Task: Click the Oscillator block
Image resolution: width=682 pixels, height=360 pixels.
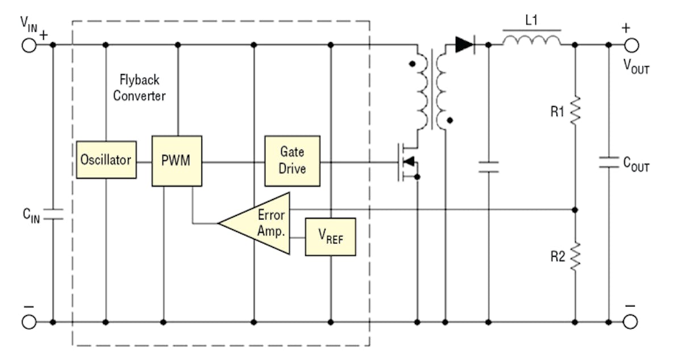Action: tap(106, 160)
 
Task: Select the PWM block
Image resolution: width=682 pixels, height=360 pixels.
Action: tap(177, 161)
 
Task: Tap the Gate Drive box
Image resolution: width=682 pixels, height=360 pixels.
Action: tap(292, 161)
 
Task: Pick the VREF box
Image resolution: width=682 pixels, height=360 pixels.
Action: tap(330, 237)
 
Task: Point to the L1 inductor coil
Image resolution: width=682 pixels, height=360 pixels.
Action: tap(532, 40)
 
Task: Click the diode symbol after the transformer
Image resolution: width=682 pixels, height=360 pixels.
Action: tap(465, 44)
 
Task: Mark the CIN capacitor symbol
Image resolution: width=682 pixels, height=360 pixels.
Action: tap(53, 214)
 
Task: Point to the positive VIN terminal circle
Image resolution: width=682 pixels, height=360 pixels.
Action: tap(28, 44)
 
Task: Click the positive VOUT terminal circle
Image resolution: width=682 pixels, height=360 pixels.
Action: tap(630, 44)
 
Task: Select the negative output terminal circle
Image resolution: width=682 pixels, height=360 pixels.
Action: tap(630, 322)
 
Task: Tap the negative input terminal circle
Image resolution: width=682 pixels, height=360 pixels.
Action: tap(28, 322)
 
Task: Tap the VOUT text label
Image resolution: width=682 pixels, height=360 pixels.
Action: tap(636, 67)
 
